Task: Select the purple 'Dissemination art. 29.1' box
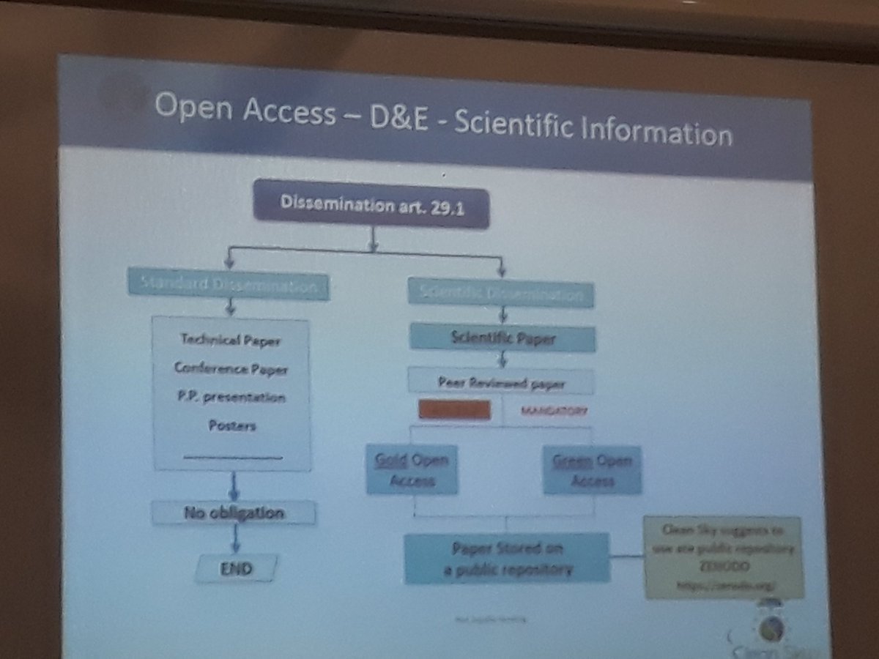pyautogui.click(x=371, y=204)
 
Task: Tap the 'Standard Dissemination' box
pyautogui.click(x=229, y=286)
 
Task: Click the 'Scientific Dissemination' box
pyautogui.click(x=501, y=294)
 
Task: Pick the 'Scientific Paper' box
pyautogui.click(x=502, y=339)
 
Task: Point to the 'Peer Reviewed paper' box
pyautogui.click(x=502, y=381)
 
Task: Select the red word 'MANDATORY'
pyautogui.click(x=554, y=412)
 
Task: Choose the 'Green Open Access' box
pyautogui.click(x=593, y=470)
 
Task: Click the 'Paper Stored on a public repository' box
pyautogui.click(x=507, y=558)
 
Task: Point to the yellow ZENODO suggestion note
pyautogui.click(x=723, y=558)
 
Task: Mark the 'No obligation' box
pyautogui.click(x=234, y=513)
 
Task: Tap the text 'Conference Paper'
pyautogui.click(x=231, y=368)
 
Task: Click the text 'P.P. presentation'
pyautogui.click(x=231, y=397)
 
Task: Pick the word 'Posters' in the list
pyautogui.click(x=231, y=425)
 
